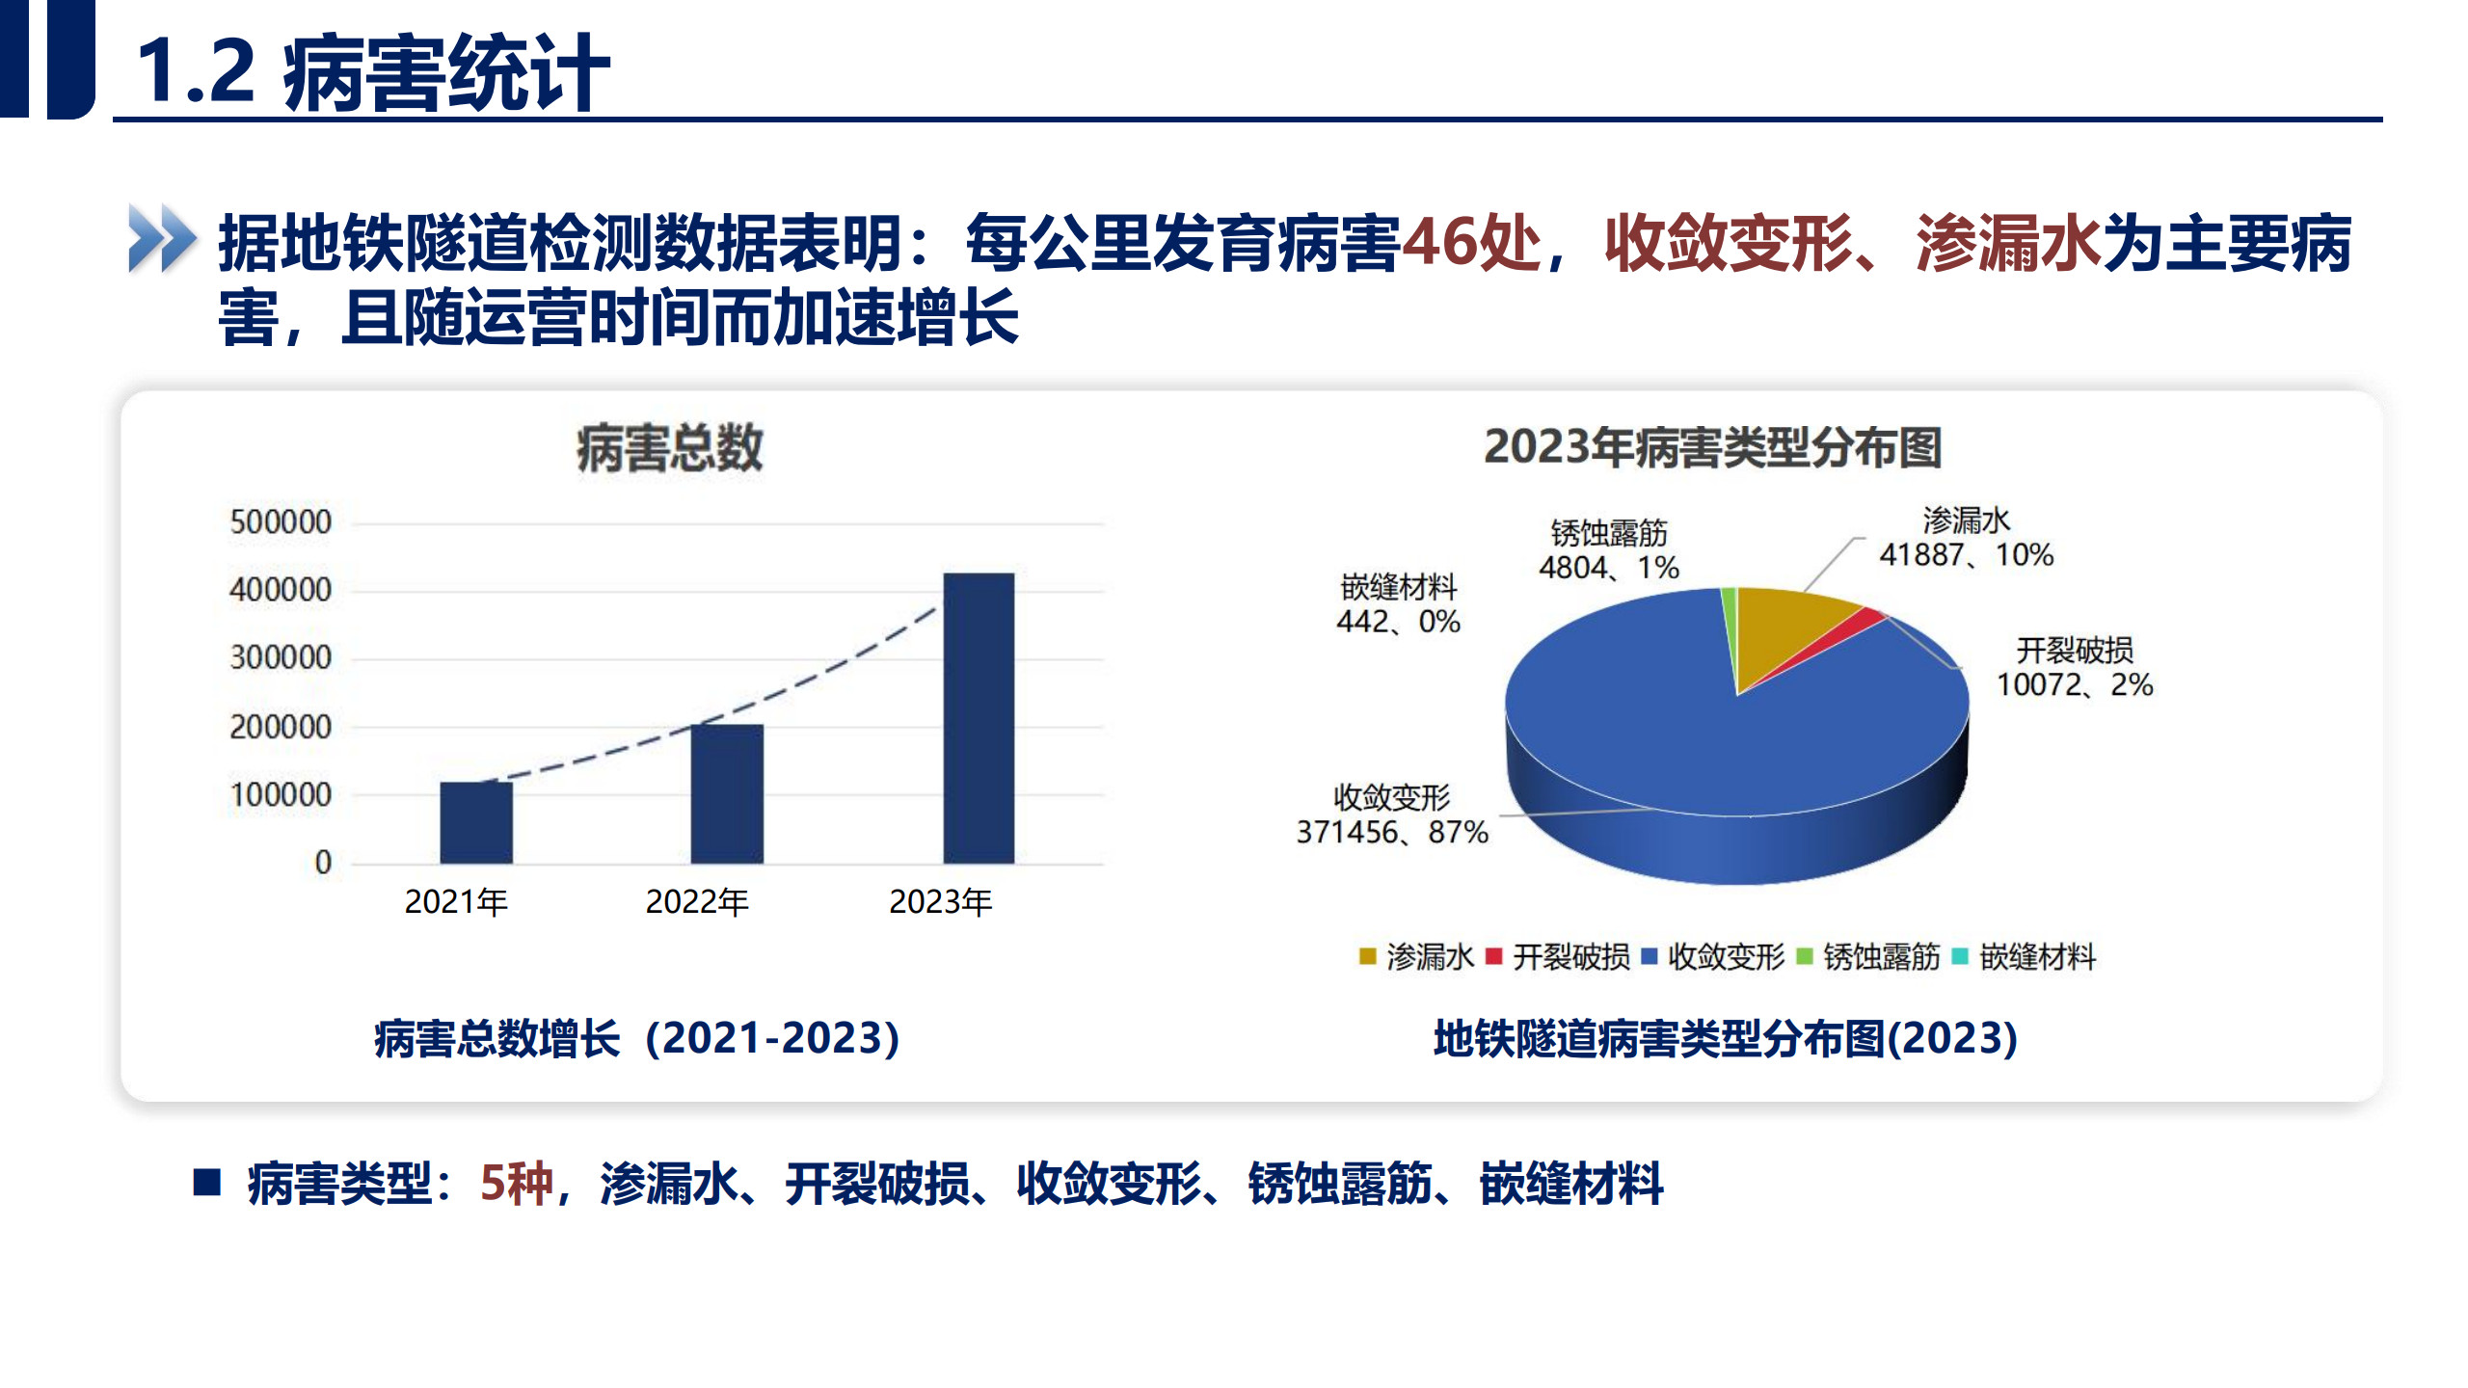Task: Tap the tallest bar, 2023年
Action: [x=979, y=718]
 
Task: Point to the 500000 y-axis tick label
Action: [x=281, y=522]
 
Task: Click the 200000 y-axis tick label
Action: [x=281, y=727]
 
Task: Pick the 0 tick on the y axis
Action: [x=323, y=863]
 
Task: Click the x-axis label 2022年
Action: [x=697, y=902]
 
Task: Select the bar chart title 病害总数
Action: [x=669, y=448]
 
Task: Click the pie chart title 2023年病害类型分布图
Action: [x=1712, y=447]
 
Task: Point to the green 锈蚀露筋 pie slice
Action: [x=1730, y=617]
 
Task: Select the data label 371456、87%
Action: [x=1391, y=832]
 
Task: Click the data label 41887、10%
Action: [x=1966, y=555]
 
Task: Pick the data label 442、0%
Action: [x=1398, y=622]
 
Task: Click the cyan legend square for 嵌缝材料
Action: [x=1959, y=956]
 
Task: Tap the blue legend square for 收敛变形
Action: [x=1649, y=956]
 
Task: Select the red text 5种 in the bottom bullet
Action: [x=517, y=1184]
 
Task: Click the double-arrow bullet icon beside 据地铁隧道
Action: [x=162, y=238]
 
